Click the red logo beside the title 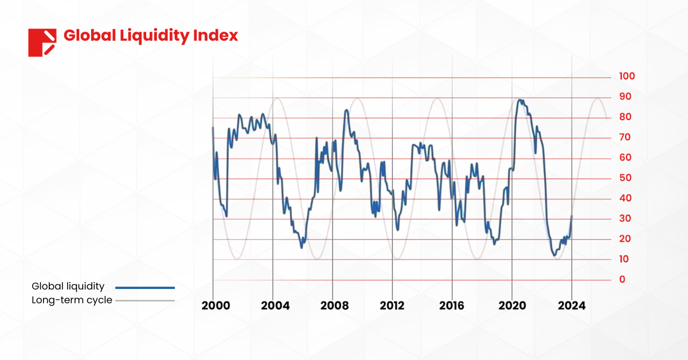tap(42, 42)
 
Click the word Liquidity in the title tap(151, 36)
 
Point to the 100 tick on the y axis tap(627, 77)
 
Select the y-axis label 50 tap(624, 178)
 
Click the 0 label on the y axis tap(622, 280)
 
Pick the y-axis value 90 tap(624, 97)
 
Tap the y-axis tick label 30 tap(624, 219)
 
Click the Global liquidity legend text tap(68, 287)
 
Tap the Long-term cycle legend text tap(72, 300)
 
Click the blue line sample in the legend tap(144, 287)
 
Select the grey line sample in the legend tap(144, 300)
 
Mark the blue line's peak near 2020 tap(520, 100)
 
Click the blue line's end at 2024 tap(572, 217)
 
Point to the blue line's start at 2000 tap(213, 128)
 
